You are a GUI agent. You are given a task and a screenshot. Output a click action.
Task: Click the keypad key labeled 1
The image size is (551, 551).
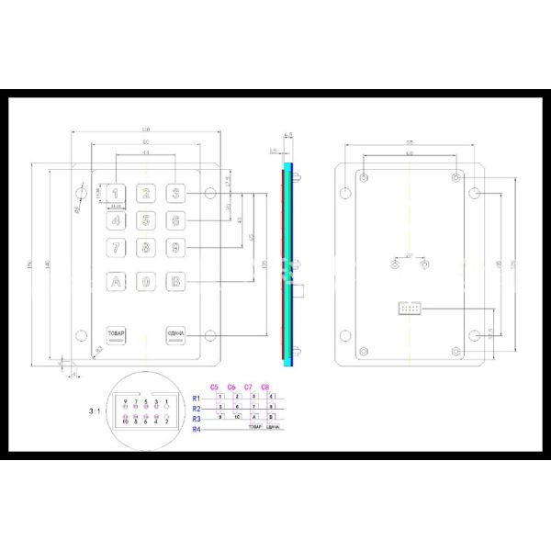117,194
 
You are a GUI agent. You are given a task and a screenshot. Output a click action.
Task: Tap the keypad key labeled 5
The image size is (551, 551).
146,220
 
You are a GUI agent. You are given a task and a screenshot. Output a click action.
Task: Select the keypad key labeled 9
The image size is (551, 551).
175,247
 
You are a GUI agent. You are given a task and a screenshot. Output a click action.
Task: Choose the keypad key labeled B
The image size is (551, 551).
175,282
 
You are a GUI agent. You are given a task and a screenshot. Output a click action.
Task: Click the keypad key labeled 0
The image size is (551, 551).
146,282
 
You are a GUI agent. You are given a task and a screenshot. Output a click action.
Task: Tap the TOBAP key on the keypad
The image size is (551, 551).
117,334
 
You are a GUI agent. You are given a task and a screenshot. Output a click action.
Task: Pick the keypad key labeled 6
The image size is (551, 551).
175,220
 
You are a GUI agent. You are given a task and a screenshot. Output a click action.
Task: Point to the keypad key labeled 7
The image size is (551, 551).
117,247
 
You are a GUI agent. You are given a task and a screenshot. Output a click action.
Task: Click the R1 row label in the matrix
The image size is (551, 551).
196,397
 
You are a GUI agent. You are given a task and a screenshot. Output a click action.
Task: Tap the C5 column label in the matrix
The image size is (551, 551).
215,387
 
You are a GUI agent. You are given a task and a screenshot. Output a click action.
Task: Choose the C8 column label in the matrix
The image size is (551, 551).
264,387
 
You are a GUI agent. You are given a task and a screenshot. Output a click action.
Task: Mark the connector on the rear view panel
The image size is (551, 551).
408,309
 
